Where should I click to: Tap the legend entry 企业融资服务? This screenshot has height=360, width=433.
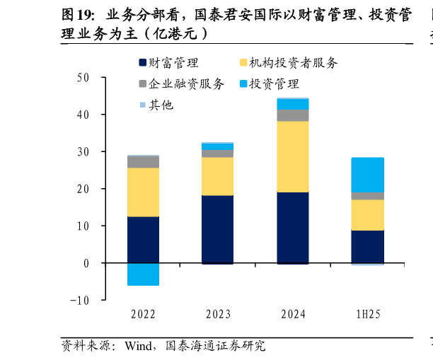pyautogui.click(x=186, y=84)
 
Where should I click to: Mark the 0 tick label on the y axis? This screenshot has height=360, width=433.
pyautogui.click(x=85, y=263)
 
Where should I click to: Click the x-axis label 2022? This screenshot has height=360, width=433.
pyautogui.click(x=143, y=314)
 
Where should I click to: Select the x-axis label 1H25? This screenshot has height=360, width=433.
pyautogui.click(x=367, y=314)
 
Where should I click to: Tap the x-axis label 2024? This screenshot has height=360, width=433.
pyautogui.click(x=292, y=314)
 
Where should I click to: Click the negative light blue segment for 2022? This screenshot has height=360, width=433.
pyautogui.click(x=143, y=274)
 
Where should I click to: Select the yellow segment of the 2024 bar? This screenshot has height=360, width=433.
pyautogui.click(x=292, y=156)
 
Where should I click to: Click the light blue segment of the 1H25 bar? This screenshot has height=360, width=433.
pyautogui.click(x=367, y=175)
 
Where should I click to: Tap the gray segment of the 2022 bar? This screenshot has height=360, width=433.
pyautogui.click(x=143, y=162)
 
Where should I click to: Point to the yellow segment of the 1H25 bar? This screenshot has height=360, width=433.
pyautogui.click(x=367, y=215)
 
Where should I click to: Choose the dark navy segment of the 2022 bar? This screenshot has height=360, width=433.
pyautogui.click(x=143, y=240)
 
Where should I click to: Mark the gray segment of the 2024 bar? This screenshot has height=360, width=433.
pyautogui.click(x=292, y=115)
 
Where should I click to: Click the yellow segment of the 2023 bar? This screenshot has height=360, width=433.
pyautogui.click(x=217, y=176)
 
